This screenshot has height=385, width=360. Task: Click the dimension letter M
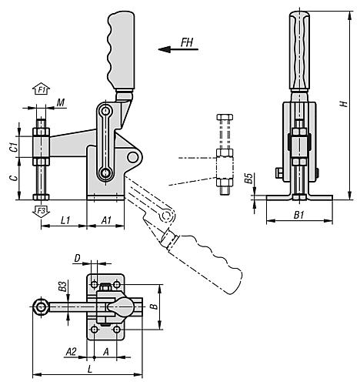[61, 102]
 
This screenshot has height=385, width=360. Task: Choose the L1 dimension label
[65, 220]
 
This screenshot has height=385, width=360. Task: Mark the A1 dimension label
[106, 220]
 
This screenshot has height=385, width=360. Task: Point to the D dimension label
[77, 257]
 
